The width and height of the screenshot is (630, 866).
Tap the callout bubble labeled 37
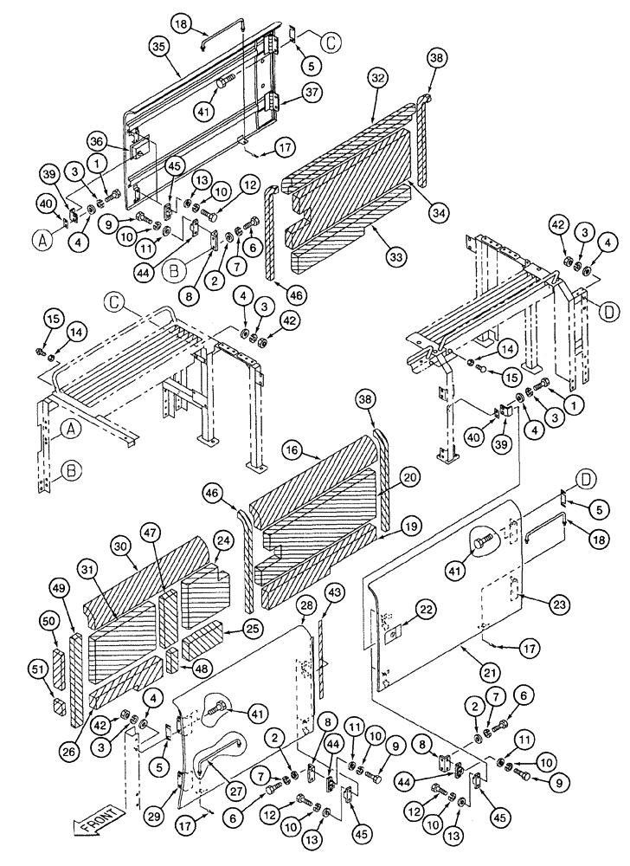311,94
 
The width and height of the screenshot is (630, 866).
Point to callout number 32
375,77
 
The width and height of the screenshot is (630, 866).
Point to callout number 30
119,546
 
